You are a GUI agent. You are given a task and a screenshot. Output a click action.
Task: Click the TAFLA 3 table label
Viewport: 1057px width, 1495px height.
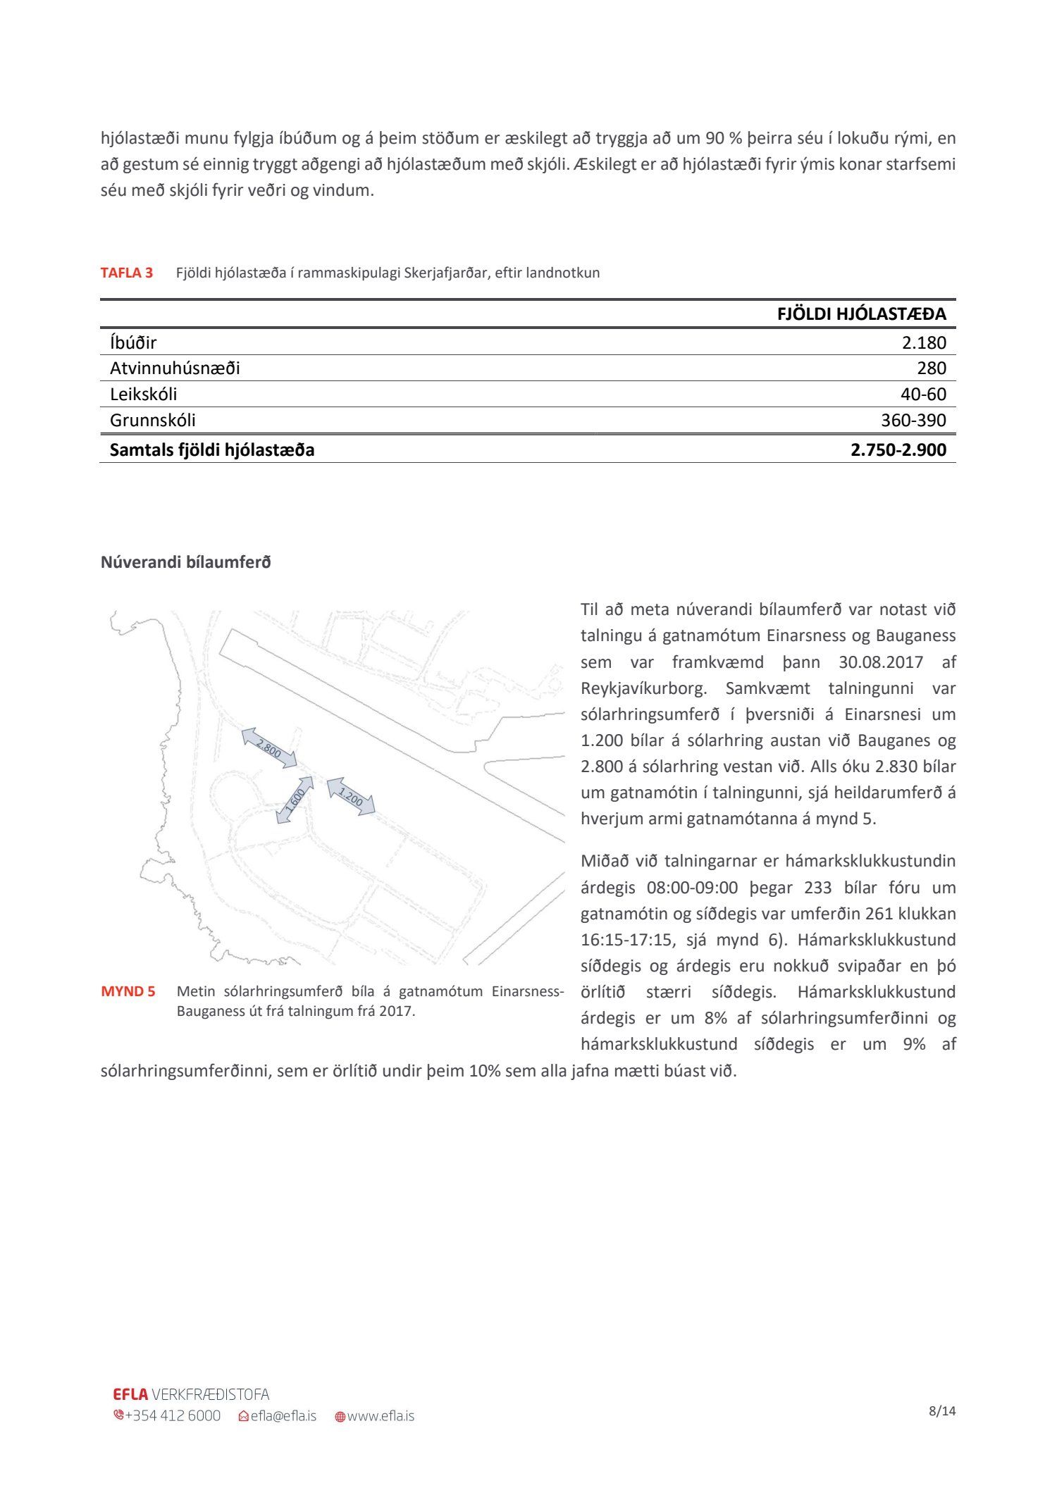(127, 273)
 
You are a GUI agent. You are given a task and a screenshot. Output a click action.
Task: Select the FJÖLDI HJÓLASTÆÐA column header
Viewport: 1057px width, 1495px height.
(861, 314)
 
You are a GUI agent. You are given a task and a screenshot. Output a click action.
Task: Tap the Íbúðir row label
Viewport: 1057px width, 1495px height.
(133, 343)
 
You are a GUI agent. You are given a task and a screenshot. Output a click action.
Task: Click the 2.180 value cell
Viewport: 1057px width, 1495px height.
(924, 343)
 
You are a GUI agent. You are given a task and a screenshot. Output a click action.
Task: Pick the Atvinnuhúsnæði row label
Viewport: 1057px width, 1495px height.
(175, 368)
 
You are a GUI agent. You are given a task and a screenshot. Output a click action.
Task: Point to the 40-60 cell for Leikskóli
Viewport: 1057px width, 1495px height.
(923, 395)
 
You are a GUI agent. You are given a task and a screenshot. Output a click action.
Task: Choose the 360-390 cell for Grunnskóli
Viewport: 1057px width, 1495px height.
(913, 421)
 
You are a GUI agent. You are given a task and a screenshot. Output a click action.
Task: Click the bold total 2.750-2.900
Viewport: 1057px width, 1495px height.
(898, 450)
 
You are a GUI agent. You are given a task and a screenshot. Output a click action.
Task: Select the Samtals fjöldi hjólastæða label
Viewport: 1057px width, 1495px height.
(212, 450)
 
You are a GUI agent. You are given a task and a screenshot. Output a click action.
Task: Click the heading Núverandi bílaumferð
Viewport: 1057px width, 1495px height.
(185, 562)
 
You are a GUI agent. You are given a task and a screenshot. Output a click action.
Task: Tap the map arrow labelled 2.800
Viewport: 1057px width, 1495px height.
(268, 747)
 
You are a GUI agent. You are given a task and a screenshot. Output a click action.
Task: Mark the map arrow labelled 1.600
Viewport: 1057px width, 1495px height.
(295, 800)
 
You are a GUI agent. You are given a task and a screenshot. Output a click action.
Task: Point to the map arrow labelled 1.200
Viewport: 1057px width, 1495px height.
(351, 797)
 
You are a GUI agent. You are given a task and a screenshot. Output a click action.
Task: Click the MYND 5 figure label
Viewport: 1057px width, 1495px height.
(128, 992)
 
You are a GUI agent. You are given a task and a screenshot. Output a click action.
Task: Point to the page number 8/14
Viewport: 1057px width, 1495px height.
(942, 1411)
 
